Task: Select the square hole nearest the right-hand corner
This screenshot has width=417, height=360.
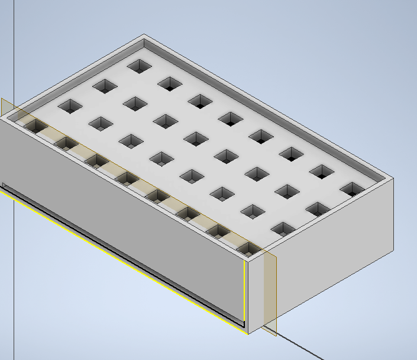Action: (x=353, y=189)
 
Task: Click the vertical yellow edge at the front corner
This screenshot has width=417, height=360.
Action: (x=244, y=290)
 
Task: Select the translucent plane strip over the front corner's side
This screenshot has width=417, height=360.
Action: (x=269, y=290)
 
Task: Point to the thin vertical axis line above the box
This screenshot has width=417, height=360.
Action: (x=14, y=47)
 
